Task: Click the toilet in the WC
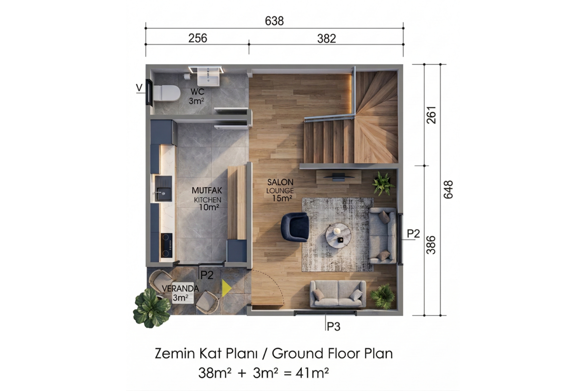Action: (x=167, y=93)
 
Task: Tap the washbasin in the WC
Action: (x=208, y=77)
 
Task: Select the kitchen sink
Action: (x=164, y=189)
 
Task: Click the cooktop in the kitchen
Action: (x=167, y=245)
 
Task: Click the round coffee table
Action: (x=338, y=235)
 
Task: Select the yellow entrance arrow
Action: (x=227, y=288)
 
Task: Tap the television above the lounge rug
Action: (x=339, y=177)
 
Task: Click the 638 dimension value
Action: (x=274, y=21)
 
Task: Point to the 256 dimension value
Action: (x=198, y=38)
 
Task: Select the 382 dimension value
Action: (x=327, y=39)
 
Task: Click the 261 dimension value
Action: (x=431, y=115)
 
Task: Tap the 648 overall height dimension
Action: (x=448, y=189)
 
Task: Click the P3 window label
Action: (x=334, y=326)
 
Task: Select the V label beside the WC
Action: (x=139, y=87)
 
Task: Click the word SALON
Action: (x=280, y=182)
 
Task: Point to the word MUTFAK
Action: (x=207, y=191)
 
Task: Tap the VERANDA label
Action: (x=180, y=288)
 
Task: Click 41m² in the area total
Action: (x=312, y=373)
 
